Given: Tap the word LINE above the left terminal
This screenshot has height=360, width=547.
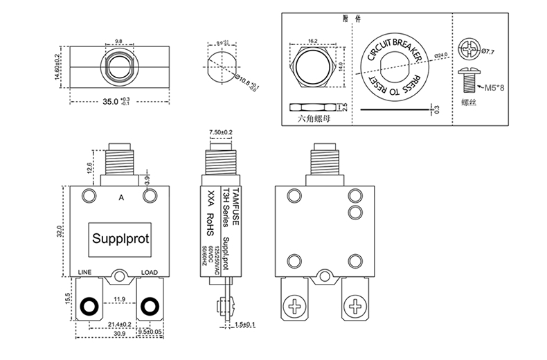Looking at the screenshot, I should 86,272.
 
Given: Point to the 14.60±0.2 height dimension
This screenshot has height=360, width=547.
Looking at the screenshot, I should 58,65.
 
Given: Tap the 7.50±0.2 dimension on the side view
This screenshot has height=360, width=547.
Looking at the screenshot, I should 221,132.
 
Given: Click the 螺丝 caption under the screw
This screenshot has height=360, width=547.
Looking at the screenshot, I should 470,102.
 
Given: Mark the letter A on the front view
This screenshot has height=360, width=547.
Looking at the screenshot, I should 121,197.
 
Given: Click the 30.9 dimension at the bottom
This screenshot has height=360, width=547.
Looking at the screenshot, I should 119,334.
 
